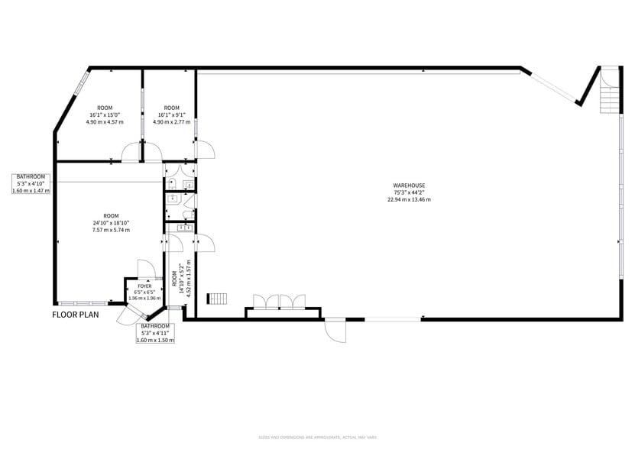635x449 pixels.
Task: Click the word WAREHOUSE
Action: (409, 186)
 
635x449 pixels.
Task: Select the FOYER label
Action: (144, 286)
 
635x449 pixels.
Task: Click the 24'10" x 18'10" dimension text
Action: (111, 223)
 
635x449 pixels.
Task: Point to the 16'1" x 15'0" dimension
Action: (105, 115)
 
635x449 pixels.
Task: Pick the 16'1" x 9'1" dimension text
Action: (172, 115)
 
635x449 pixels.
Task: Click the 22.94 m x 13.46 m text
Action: (409, 199)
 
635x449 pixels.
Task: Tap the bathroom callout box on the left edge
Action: (31, 183)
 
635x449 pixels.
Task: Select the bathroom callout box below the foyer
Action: (156, 333)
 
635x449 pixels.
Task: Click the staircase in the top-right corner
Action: (609, 90)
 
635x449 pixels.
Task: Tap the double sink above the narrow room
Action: (184, 227)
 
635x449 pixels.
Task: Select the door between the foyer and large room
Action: (146, 269)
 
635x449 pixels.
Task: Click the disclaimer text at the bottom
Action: (317, 437)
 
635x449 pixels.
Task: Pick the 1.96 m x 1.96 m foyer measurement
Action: (144, 298)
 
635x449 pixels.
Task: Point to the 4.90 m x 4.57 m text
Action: (105, 122)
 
